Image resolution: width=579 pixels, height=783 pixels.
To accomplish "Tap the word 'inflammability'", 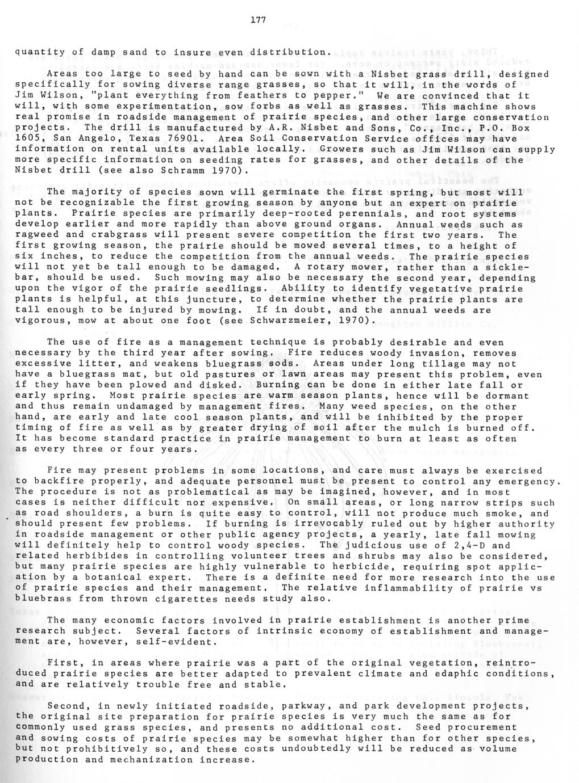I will click(394, 588).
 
